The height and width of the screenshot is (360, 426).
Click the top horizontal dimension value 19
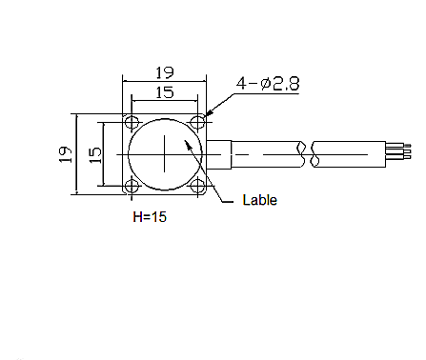165,72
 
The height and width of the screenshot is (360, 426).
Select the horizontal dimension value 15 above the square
165,92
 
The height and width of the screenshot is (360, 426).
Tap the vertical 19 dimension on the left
66,154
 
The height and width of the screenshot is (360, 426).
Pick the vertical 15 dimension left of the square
95,155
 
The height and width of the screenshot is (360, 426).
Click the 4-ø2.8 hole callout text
268,84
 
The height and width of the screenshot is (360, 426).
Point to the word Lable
260,200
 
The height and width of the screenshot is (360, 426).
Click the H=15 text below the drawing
150,217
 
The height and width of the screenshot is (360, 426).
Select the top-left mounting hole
132,122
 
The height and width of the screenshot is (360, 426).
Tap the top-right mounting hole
197,122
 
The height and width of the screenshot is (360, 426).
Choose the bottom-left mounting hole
132,186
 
